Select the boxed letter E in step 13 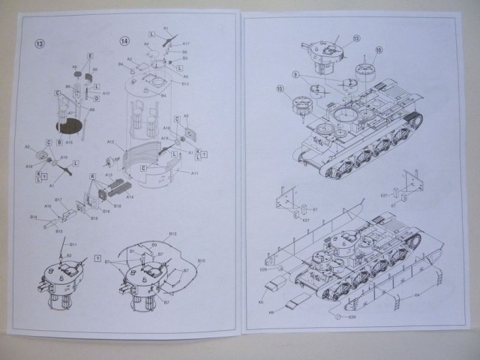[89, 56]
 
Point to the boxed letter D [97, 98]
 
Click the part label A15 [69, 142]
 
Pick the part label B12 [184, 83]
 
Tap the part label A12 [110, 141]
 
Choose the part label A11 [194, 173]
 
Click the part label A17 [185, 44]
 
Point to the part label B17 [58, 200]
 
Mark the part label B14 [34, 217]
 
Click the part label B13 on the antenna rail [172, 234]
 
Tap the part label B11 [73, 244]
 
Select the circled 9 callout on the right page [297, 74]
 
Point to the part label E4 [418, 294]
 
